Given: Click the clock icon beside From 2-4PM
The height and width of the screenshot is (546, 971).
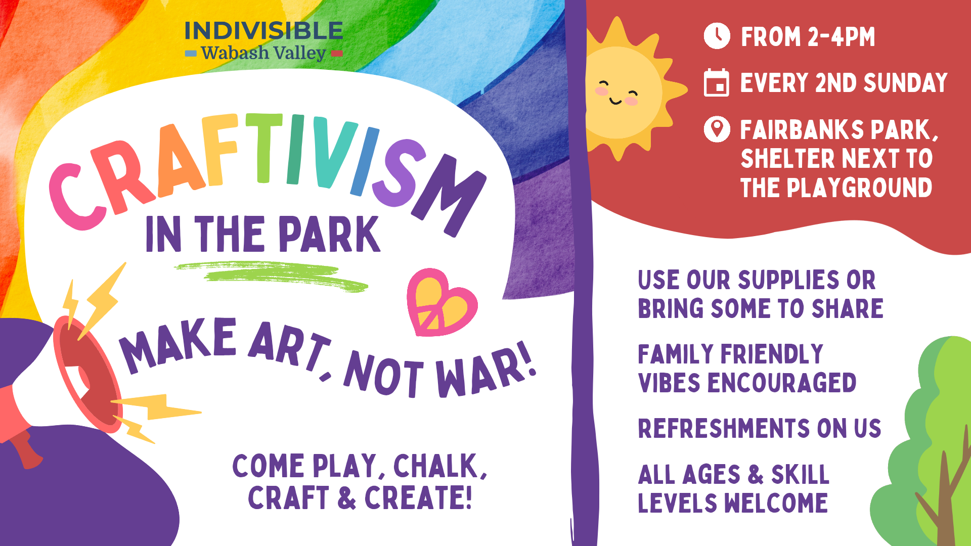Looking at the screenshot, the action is coord(717,36).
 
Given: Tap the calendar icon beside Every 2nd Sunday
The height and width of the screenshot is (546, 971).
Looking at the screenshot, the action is coord(716,82).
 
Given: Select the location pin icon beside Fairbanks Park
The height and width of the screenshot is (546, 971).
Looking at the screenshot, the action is coord(717,129).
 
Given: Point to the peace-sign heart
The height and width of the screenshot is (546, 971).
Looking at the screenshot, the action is coord(442,302).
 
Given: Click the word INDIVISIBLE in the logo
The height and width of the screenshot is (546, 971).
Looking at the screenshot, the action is coord(263,31).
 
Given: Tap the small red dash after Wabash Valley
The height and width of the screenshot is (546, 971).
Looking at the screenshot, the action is coord(337,53).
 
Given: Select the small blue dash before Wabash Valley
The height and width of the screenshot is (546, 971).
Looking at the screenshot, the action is coord(191,53).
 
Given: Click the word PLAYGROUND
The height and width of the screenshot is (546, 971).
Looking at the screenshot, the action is coord(859,188).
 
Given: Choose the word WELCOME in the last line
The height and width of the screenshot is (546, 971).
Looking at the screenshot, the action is coord(776,503).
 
